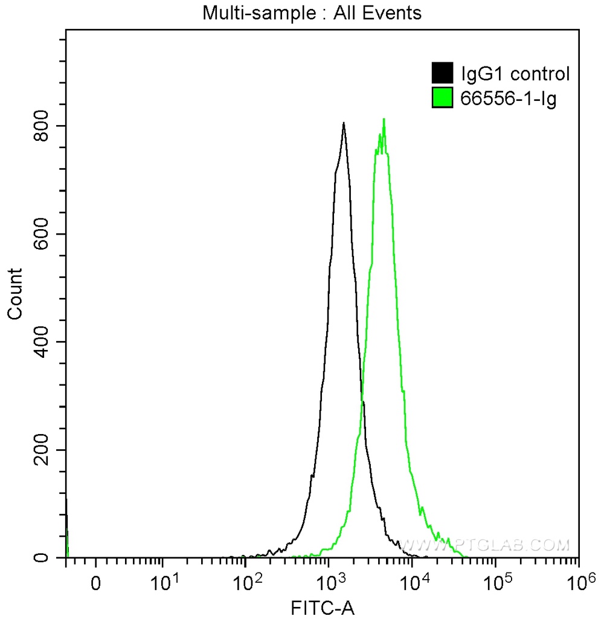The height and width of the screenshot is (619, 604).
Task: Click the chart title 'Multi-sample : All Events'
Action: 312,13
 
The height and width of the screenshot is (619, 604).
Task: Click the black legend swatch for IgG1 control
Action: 442,74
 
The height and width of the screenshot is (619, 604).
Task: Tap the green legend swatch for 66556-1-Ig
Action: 442,97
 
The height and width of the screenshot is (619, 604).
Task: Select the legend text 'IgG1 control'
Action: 515,74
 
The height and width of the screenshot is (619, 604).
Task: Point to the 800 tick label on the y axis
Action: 42,126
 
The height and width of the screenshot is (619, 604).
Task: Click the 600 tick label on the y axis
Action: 42,234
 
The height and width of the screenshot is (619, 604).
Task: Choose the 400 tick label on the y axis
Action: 42,342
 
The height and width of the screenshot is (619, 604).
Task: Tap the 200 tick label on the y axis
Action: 42,450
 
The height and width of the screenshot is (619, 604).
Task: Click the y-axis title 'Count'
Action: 14,294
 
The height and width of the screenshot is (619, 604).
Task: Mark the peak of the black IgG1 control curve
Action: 344,123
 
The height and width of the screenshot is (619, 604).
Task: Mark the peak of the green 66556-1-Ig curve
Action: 384,119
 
